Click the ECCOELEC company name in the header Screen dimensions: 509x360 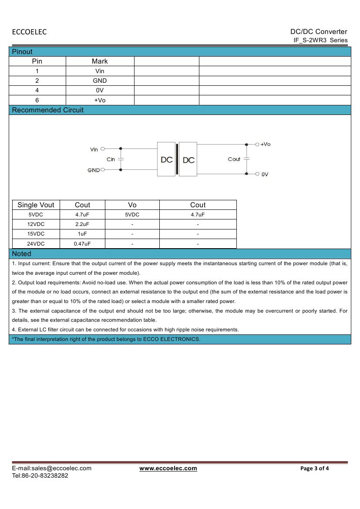(29, 32)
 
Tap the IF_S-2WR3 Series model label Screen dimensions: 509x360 (320, 40)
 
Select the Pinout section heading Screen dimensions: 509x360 (22, 51)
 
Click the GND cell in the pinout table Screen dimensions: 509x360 (100, 81)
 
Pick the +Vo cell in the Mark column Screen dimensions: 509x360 (100, 100)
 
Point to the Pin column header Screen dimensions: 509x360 (37, 61)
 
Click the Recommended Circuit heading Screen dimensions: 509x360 (48, 110)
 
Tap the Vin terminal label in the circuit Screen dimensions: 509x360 (94, 149)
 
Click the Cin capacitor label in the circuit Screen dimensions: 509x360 (111, 159)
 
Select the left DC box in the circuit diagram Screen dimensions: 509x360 (166, 160)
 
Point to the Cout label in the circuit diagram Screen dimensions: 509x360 (234, 159)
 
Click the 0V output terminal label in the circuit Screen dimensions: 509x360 (265, 174)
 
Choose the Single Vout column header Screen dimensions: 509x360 (36, 205)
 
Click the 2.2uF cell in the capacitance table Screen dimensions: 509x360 (82, 224)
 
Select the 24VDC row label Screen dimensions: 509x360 (36, 244)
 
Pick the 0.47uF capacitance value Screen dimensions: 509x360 (82, 244)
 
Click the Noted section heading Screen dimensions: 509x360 (22, 253)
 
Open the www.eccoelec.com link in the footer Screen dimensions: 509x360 (168, 469)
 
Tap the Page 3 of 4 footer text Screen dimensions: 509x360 (315, 469)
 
